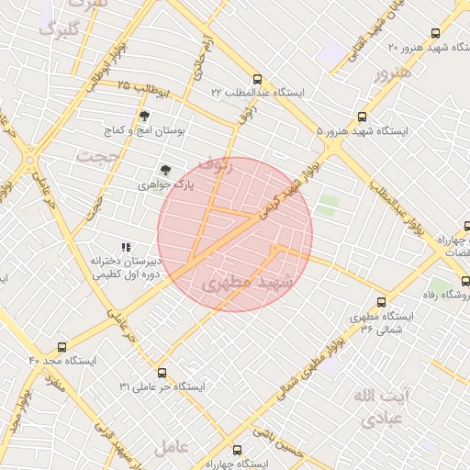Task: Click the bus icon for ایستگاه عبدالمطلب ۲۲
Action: [x=257, y=79]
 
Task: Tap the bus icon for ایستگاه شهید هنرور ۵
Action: [x=362, y=117]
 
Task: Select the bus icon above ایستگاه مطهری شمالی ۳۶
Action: [x=381, y=301]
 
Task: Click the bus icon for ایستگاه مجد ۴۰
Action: [x=62, y=347]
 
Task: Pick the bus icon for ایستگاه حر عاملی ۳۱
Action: [x=162, y=373]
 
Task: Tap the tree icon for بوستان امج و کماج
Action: [x=144, y=116]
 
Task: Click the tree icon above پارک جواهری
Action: [x=165, y=169]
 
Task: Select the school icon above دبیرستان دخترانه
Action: [x=126, y=247]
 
